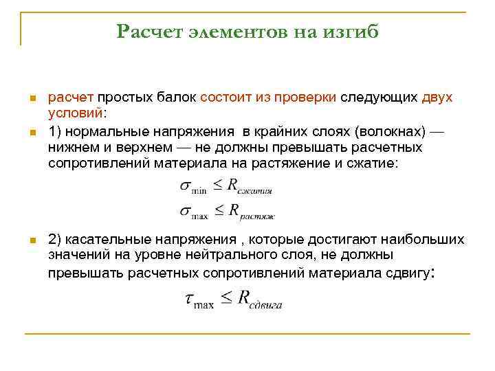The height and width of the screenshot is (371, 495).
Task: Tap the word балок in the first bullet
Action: (x=176, y=98)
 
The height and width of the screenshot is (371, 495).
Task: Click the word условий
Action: (x=74, y=113)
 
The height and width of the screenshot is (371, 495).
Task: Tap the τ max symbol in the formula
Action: (x=199, y=300)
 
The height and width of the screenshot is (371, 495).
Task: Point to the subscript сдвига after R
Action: (x=266, y=304)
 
